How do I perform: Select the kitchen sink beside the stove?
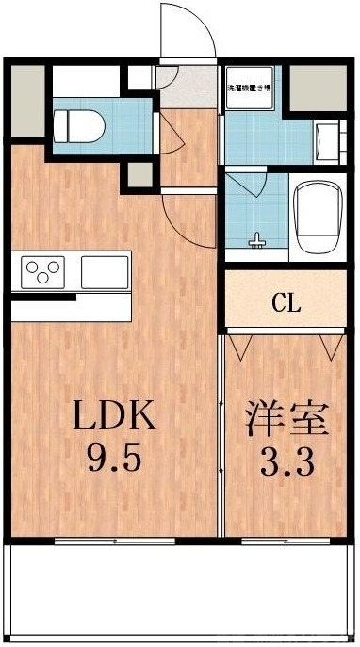coord(104,273)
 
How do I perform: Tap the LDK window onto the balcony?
coord(115,542)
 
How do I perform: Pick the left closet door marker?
coord(238,347)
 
